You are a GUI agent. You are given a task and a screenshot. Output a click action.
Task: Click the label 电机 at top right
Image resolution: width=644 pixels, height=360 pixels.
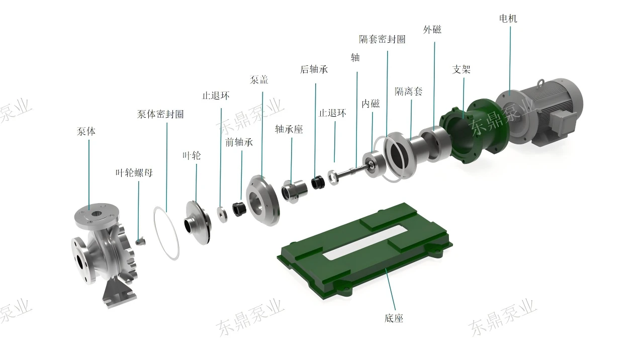pyautogui.click(x=508, y=19)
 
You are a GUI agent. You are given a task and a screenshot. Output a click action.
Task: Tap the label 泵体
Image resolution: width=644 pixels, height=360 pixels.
pyautogui.click(x=86, y=132)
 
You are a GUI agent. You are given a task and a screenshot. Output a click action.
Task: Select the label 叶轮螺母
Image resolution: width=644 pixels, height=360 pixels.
pyautogui.click(x=134, y=173)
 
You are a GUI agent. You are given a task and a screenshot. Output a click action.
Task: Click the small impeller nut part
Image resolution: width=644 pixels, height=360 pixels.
pyautogui.click(x=140, y=241)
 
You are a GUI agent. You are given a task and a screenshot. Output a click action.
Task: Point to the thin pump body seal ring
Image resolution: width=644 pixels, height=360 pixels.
pyautogui.click(x=166, y=232)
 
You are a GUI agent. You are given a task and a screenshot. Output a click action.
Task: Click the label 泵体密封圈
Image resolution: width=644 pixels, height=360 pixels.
pyautogui.click(x=160, y=114)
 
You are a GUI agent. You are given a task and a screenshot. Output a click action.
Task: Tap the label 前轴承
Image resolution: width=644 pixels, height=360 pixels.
pyautogui.click(x=239, y=142)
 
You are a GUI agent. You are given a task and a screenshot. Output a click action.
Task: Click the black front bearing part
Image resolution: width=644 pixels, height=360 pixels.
pyautogui.click(x=239, y=208)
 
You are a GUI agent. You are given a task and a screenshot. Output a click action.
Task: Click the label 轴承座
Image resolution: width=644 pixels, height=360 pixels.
pyautogui.click(x=289, y=129)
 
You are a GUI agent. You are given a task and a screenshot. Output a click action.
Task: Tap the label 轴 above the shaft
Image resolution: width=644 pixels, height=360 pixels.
pyautogui.click(x=355, y=58)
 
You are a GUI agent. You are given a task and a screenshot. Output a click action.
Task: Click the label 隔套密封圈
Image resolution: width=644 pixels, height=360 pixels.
pyautogui.click(x=382, y=39)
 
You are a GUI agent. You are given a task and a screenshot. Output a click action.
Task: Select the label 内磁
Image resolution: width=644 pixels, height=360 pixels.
pyautogui.click(x=371, y=104)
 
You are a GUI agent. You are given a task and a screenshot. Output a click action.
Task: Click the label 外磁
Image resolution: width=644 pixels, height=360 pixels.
pyautogui.click(x=432, y=30)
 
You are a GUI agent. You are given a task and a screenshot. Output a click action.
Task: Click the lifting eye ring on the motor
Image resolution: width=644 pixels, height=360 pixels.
pyautogui.click(x=542, y=82)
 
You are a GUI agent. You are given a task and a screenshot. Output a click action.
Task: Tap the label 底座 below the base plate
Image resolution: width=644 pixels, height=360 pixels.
pyautogui.click(x=394, y=318)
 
